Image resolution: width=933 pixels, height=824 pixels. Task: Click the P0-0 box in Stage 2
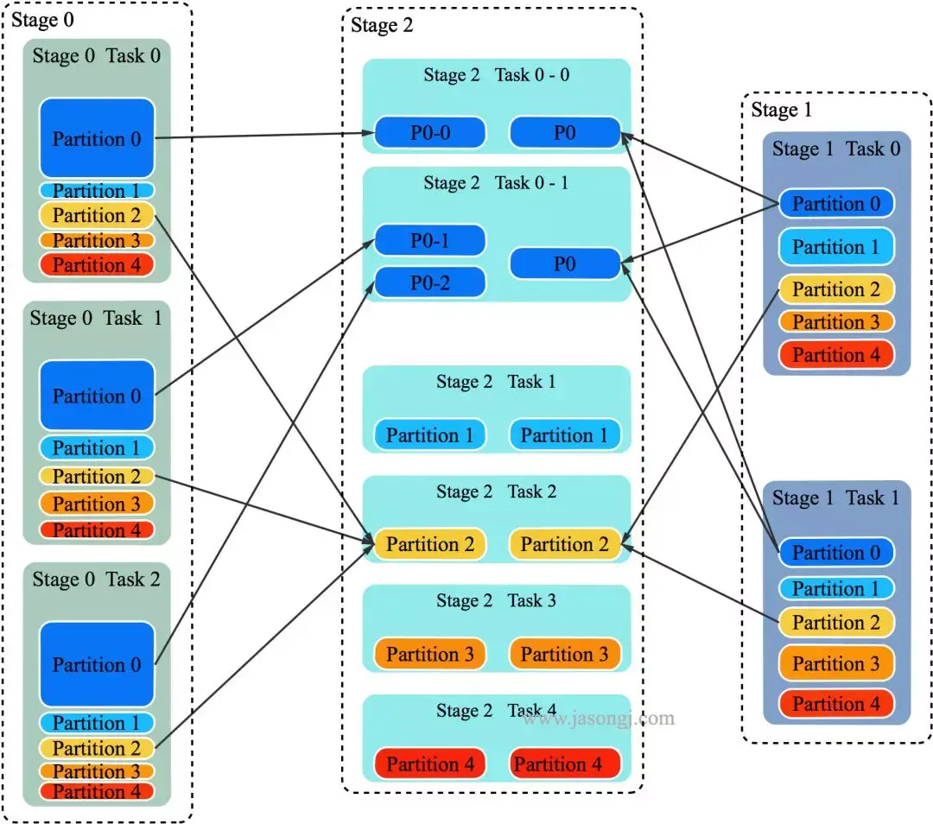tap(430, 132)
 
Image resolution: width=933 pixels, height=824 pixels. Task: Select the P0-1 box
tap(430, 241)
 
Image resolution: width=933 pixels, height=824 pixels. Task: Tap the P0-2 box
tap(430, 282)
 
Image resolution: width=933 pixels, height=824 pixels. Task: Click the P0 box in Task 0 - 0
tap(565, 132)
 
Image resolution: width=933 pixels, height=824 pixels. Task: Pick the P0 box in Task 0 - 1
tap(565, 263)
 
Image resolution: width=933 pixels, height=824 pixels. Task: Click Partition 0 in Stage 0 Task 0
tap(97, 139)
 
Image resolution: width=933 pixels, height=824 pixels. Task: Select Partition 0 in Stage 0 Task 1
tap(97, 396)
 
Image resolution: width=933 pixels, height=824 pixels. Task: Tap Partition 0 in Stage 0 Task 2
tap(97, 664)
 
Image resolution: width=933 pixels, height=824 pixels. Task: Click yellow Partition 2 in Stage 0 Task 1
tap(97, 476)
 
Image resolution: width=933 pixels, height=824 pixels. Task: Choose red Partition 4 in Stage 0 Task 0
tap(97, 265)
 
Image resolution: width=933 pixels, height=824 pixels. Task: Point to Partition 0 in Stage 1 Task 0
tap(836, 204)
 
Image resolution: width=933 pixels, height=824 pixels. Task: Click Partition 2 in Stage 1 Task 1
tap(836, 623)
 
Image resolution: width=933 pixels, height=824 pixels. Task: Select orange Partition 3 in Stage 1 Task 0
tap(836, 322)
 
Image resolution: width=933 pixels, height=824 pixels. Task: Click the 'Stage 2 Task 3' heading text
tap(496, 600)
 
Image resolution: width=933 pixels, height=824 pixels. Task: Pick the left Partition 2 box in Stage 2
tap(430, 544)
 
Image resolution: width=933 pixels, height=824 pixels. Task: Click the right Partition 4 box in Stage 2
tap(565, 764)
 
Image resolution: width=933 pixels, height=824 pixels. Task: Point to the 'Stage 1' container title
tap(781, 110)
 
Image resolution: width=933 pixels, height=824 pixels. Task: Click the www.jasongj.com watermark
tap(598, 718)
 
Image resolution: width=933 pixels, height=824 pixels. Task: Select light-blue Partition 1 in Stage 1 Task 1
tap(836, 589)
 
